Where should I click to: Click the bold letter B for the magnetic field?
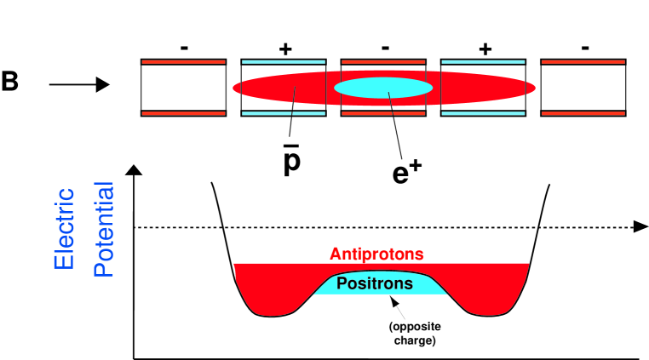click(x=10, y=83)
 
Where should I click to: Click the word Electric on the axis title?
click(x=65, y=228)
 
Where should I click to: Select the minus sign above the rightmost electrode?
click(x=584, y=49)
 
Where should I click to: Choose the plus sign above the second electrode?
click(x=284, y=49)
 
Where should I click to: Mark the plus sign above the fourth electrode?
click(x=485, y=49)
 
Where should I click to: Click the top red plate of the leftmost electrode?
click(x=183, y=62)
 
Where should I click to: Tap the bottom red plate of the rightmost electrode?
click(x=584, y=112)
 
